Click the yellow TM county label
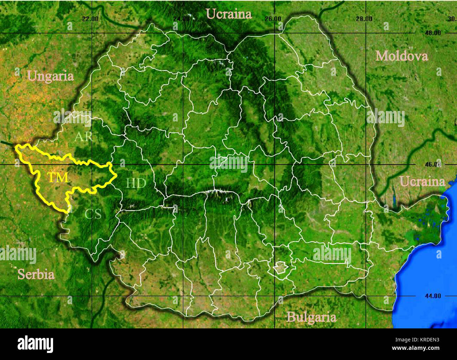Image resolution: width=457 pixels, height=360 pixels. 58,177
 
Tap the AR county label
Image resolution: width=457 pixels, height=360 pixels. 83,136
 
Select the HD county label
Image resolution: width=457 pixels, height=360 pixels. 136,183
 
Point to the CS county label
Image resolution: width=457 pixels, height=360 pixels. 93,214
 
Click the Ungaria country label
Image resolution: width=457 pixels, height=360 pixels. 50,76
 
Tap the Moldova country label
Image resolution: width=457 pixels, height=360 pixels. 401,56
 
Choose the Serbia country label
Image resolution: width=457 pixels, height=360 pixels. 36,274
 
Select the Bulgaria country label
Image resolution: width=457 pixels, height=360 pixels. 311,317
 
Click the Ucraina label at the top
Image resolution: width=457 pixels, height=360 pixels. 228,14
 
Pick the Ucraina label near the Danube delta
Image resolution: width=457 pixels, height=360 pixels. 422,182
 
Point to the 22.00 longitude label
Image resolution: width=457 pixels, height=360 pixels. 90,19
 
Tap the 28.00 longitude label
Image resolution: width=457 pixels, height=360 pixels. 364,19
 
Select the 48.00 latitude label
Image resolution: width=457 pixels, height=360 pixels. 432,33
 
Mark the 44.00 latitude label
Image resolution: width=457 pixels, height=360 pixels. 432,296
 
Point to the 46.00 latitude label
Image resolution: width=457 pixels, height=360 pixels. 432,164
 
